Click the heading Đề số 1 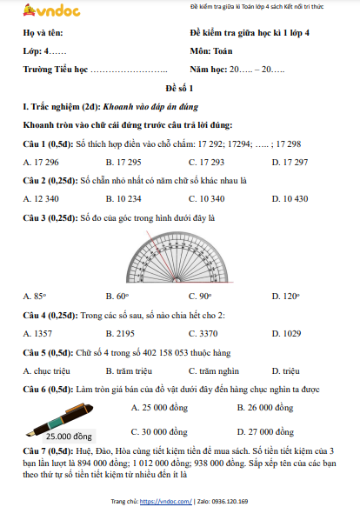[x=179, y=90]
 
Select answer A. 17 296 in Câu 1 [x=41, y=163]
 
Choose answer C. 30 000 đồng [x=158, y=431]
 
